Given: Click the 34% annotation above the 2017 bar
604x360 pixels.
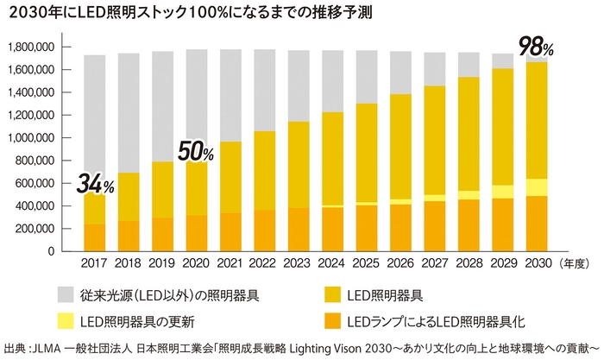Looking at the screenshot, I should [x=95, y=183].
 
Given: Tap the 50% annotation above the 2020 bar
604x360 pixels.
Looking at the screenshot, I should [x=195, y=152].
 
